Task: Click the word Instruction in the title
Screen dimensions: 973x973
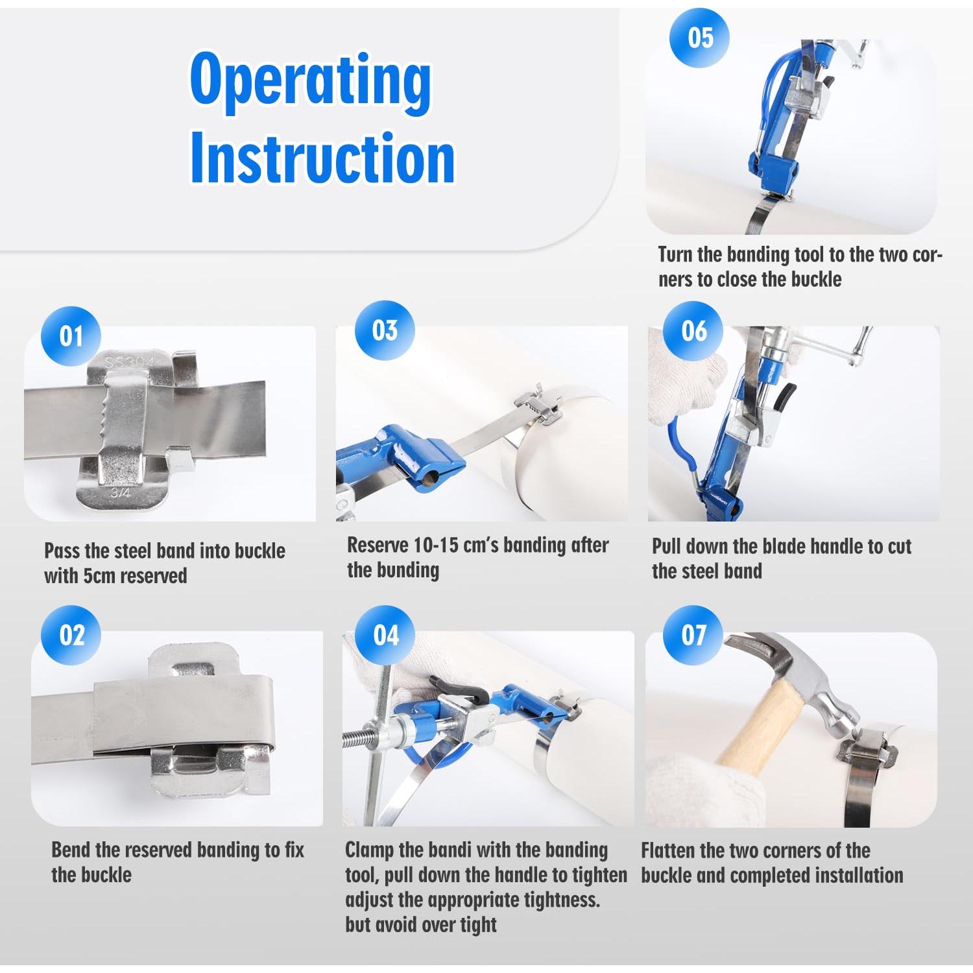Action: coord(322,158)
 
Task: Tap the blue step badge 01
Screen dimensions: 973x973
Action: coord(71,337)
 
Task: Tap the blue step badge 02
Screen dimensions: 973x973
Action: coord(71,636)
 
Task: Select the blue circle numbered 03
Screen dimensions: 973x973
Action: coord(385,330)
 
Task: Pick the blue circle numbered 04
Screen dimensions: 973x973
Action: coord(386,636)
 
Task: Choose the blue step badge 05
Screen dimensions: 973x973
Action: coord(700,37)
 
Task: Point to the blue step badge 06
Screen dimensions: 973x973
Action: coord(694,331)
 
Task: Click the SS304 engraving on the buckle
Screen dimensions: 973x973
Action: coord(128,361)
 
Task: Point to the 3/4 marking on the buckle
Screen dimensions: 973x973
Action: coord(120,493)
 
